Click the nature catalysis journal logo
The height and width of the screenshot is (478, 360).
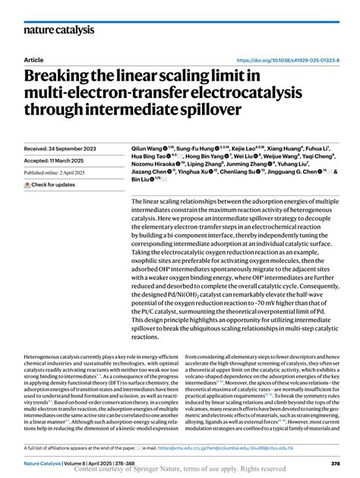(59, 30)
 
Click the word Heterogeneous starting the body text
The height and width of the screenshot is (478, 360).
(45, 356)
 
